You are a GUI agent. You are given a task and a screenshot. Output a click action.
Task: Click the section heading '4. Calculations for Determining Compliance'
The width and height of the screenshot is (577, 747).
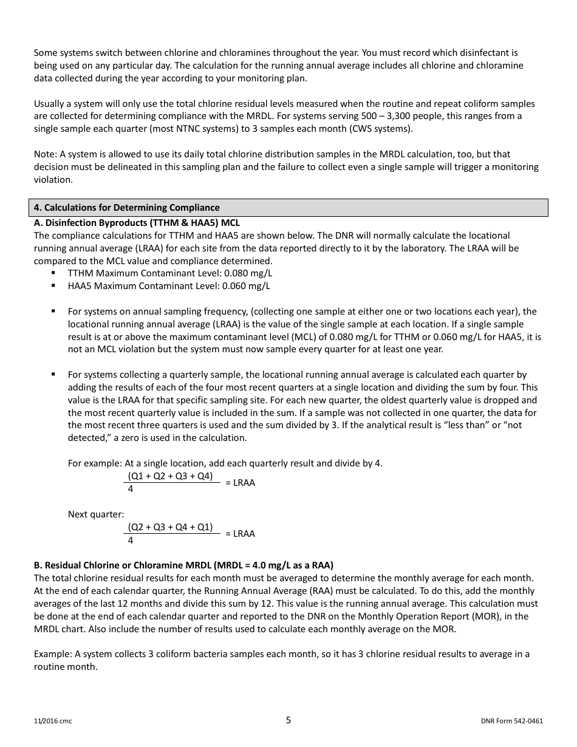click(127, 208)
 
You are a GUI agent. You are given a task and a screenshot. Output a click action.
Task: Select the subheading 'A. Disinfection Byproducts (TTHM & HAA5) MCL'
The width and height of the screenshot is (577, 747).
click(137, 223)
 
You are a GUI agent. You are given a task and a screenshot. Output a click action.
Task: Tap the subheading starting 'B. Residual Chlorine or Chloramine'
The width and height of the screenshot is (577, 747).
click(183, 565)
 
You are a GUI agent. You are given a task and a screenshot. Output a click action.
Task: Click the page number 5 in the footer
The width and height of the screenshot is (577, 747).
click(288, 720)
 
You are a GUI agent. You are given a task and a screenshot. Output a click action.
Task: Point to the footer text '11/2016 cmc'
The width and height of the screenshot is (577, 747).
click(53, 721)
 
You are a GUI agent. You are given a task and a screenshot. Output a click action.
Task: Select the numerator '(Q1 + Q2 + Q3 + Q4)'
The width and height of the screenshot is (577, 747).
click(170, 476)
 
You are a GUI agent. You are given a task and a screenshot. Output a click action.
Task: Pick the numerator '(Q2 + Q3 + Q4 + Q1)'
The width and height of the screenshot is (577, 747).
click(170, 527)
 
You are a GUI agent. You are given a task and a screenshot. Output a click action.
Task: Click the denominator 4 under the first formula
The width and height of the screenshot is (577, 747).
click(131, 489)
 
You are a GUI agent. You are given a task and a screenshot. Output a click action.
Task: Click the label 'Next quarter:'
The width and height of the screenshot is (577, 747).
click(96, 514)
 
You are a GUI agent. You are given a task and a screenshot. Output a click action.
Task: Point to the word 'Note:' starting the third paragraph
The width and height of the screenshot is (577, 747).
click(46, 154)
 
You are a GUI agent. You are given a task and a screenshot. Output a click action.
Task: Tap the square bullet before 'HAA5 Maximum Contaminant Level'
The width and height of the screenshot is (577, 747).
click(54, 285)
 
